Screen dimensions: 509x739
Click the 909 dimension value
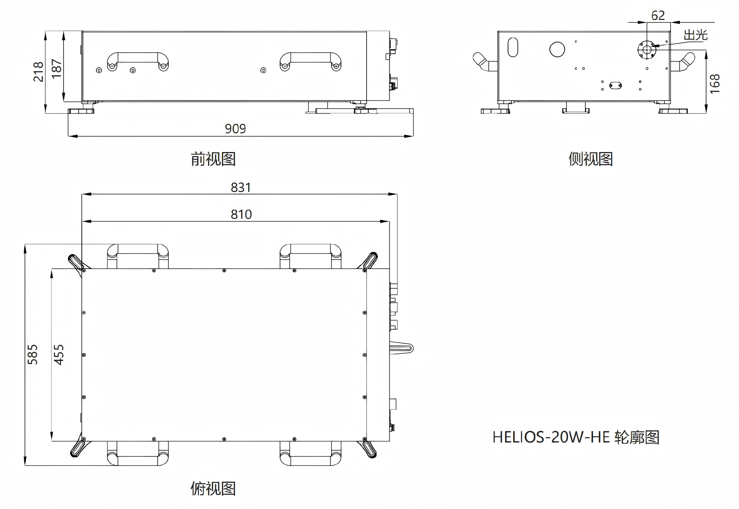click(235, 129)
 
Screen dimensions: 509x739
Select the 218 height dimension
click(38, 72)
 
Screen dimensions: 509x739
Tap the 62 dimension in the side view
click(658, 15)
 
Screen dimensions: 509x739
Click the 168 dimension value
click(714, 84)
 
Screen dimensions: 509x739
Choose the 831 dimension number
click(241, 187)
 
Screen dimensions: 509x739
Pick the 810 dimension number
click(241, 214)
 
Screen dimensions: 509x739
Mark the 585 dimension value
click(32, 354)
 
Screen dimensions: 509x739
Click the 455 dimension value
click(59, 355)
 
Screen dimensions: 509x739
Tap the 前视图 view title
click(213, 159)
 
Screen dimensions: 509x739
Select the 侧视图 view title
click(591, 159)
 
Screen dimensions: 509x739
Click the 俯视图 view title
click(213, 488)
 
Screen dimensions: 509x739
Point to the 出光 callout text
click(696, 35)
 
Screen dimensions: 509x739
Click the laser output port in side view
click(646, 50)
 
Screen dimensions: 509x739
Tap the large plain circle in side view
click(557, 49)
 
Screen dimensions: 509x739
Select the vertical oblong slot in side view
click(513, 47)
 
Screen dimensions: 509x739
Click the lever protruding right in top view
click(402, 348)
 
